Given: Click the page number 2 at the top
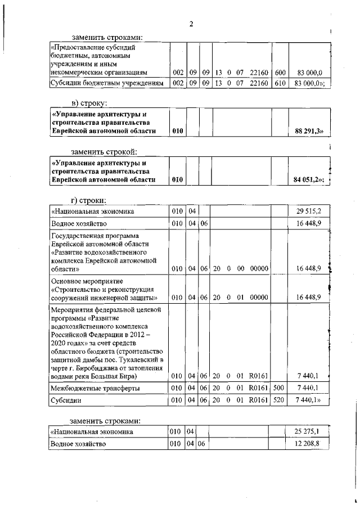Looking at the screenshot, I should (x=191, y=24).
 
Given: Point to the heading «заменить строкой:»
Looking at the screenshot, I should (x=104, y=151).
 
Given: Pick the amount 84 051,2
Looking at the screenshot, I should (x=310, y=179).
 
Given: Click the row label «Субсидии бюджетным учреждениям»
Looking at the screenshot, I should (x=107, y=83).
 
